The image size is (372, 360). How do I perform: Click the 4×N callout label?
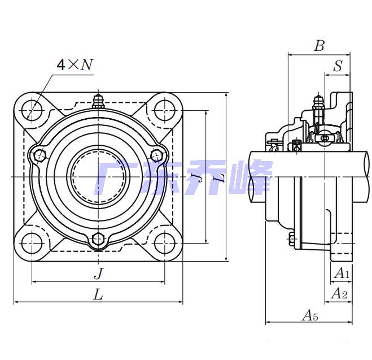coord(75,64)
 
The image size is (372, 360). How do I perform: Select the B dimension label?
coord(320,45)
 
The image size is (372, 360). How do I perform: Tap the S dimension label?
coord(338,66)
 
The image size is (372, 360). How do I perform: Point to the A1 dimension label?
coord(342,272)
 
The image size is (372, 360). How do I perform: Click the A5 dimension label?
coord(310,315)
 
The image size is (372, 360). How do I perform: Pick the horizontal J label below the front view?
coord(98,273)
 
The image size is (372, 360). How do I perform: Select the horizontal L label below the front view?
coord(98,294)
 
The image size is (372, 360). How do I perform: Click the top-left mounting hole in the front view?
coord(32,110)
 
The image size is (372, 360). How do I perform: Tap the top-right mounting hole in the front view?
coord(164,110)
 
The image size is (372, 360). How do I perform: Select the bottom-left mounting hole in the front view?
coord(32,243)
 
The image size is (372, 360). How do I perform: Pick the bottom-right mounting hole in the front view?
coord(164,243)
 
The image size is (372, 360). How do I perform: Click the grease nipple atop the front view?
coord(98,102)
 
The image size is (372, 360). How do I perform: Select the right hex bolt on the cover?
coord(157,155)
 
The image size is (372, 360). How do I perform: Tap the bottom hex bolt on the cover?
coord(98,239)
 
